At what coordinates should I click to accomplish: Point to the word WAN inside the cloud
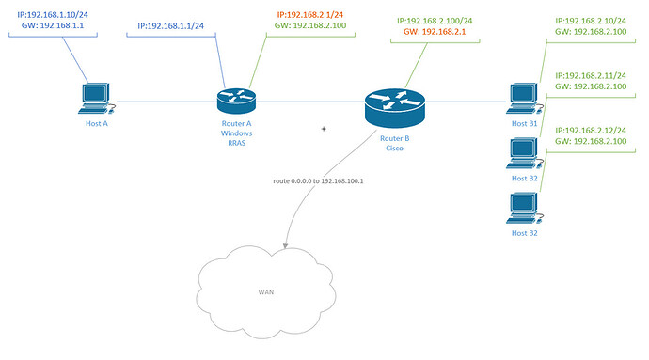pos(266,291)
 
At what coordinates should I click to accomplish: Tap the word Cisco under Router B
pos(393,147)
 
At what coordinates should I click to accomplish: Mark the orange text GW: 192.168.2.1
pos(435,32)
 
